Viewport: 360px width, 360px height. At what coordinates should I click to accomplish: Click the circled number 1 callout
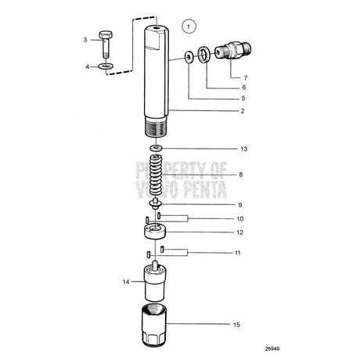tap(189, 27)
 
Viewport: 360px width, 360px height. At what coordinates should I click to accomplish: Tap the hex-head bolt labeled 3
tap(106, 45)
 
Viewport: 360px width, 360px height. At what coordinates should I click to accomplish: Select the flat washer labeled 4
tap(106, 66)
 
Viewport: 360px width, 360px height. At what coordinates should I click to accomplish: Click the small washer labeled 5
tap(189, 57)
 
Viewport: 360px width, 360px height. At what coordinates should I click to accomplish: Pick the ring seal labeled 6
tap(203, 55)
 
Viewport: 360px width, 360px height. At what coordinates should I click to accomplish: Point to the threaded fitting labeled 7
tap(232, 50)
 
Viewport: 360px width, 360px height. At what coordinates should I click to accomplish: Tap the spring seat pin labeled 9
tap(155, 203)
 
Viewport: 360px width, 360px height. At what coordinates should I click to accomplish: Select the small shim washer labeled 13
tap(157, 149)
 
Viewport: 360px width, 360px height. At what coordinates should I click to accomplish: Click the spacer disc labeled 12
tap(155, 231)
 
